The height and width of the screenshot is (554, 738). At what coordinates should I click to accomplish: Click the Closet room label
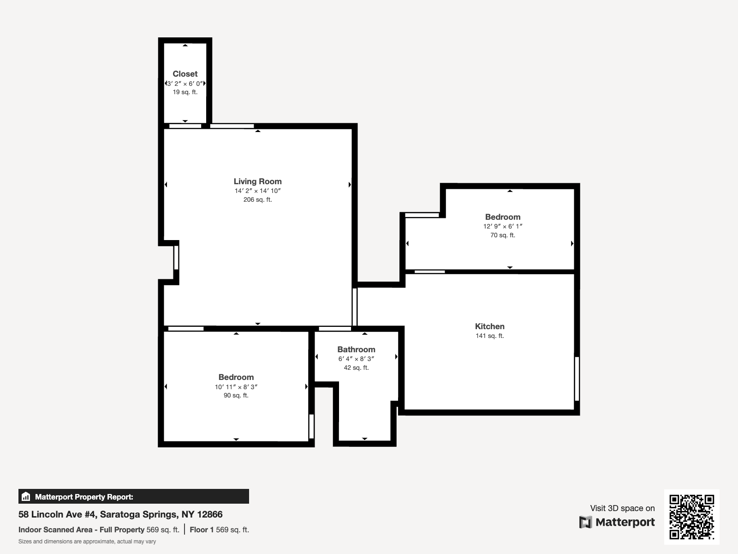click(185, 74)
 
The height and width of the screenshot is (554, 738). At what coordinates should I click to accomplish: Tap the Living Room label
click(257, 181)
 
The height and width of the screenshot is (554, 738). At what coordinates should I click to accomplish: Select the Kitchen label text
click(489, 326)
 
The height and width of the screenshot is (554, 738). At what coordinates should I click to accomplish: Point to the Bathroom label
click(356, 349)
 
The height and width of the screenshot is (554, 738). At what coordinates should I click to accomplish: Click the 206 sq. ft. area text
click(257, 199)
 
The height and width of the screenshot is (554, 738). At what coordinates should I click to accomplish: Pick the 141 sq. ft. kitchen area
click(489, 336)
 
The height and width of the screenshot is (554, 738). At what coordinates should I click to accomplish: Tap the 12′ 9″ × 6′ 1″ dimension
click(503, 226)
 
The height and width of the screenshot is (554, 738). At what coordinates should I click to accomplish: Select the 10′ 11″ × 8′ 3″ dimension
click(236, 387)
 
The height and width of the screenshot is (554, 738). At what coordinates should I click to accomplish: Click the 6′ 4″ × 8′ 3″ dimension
click(356, 359)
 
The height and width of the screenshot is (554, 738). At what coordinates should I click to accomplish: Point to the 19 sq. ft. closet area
click(185, 92)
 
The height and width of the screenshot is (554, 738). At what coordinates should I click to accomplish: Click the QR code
click(691, 517)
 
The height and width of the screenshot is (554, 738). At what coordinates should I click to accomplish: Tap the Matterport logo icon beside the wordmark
click(585, 522)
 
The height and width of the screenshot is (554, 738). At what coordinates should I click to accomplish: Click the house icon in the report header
click(26, 496)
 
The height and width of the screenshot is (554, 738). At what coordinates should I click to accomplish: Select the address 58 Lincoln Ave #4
click(58, 514)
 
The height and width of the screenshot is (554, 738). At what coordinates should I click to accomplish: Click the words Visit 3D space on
click(622, 508)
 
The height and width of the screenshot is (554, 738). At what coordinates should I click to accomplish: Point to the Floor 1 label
click(202, 530)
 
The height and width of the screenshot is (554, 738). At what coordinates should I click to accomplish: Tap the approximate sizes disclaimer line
click(87, 542)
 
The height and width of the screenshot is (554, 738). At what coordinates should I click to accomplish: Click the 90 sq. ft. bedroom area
click(236, 396)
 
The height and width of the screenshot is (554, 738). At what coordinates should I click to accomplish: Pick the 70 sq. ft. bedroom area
click(503, 235)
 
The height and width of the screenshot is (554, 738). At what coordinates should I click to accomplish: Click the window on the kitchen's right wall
click(577, 379)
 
